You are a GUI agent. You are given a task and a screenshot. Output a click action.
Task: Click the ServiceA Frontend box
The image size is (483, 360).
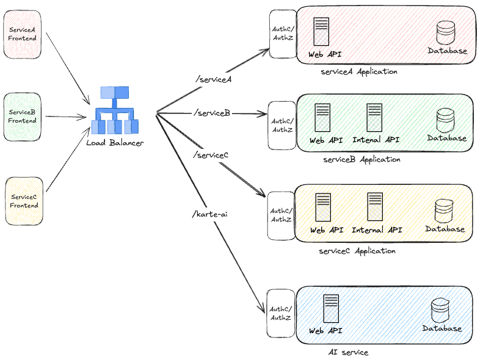pos(23,34)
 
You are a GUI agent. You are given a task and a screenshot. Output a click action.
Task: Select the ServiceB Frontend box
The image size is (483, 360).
pos(23,116)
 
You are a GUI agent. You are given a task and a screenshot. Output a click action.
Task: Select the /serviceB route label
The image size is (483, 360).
pos(212,112)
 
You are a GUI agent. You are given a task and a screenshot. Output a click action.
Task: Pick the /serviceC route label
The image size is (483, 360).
pos(210,155)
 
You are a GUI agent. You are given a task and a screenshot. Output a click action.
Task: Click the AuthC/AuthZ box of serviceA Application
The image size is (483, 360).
pos(282,34)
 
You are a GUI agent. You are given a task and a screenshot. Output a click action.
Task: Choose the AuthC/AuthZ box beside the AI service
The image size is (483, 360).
pos(281,313)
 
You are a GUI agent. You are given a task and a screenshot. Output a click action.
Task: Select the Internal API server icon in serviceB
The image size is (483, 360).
pos(374,118)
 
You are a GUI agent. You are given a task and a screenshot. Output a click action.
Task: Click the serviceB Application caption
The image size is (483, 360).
pos(362,159)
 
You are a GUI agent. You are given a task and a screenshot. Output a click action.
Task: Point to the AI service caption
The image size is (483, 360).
pos(348,352)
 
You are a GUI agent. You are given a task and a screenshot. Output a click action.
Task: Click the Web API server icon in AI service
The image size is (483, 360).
pos(331,309)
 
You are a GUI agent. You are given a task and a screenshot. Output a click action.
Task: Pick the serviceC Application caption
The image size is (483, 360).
pos(357,251)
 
